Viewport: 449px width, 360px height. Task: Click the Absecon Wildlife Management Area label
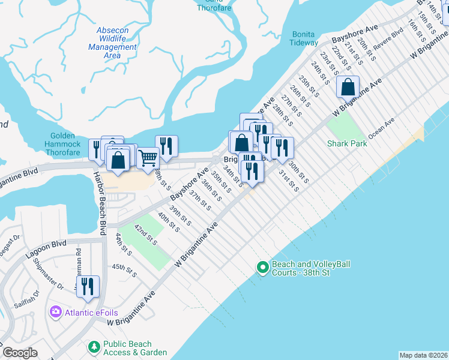pyautogui.click(x=112, y=43)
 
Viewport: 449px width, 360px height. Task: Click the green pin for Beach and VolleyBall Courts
pyautogui.click(x=262, y=267)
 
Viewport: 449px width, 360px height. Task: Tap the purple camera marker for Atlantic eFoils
pyautogui.click(x=56, y=311)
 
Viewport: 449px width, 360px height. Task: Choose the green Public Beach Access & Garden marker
pyautogui.click(x=94, y=346)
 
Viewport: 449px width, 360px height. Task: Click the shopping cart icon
pyautogui.click(x=148, y=158)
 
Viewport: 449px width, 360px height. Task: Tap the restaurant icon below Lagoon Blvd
pyautogui.click(x=89, y=286)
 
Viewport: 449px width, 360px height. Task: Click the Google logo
pyautogui.click(x=20, y=353)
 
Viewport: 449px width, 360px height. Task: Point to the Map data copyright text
pyautogui.click(x=423, y=355)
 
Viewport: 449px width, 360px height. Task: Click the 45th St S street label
pyautogui.click(x=124, y=270)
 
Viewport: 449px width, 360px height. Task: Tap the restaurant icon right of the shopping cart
pyautogui.click(x=166, y=146)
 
